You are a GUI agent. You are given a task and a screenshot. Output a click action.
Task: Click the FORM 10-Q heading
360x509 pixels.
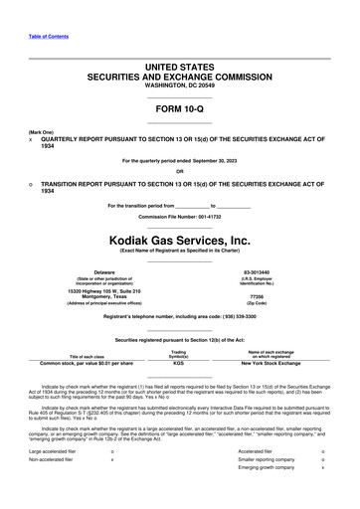tap(179, 110)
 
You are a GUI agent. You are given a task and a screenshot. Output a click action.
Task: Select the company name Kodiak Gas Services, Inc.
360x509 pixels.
tap(180, 240)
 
